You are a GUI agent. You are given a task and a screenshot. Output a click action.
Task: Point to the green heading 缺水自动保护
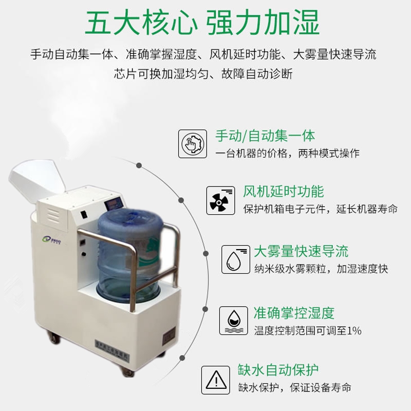[x=278, y=370]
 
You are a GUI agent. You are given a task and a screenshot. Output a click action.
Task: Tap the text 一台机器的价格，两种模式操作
[x=287, y=154]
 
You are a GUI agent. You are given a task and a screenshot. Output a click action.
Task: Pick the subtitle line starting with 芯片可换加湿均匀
[x=203, y=74]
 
